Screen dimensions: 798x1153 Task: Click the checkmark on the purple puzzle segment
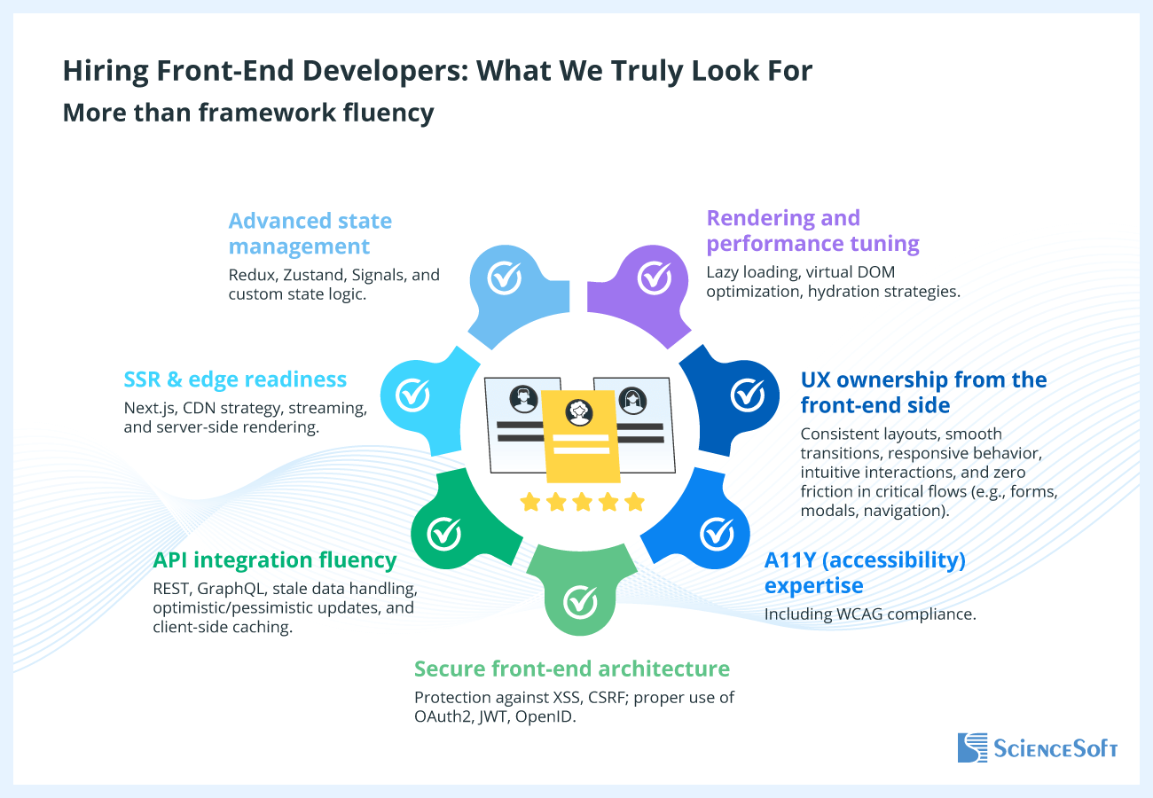click(655, 278)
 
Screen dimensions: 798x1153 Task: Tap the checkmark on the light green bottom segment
click(581, 602)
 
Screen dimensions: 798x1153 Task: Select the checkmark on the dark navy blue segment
click(748, 394)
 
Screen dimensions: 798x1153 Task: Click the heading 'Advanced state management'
click(310, 232)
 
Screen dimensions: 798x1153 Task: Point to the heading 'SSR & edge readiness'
click(235, 379)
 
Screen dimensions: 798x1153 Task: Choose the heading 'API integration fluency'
click(274, 559)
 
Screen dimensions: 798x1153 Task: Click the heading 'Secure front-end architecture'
click(572, 669)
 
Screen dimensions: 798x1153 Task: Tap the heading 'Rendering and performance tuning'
click(812, 231)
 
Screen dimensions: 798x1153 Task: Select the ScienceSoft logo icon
click(972, 747)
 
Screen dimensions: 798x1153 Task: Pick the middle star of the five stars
click(582, 503)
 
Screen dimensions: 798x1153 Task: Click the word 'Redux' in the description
click(251, 275)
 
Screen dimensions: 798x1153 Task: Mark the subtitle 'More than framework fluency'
click(248, 113)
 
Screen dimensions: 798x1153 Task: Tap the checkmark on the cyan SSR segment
click(412, 394)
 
